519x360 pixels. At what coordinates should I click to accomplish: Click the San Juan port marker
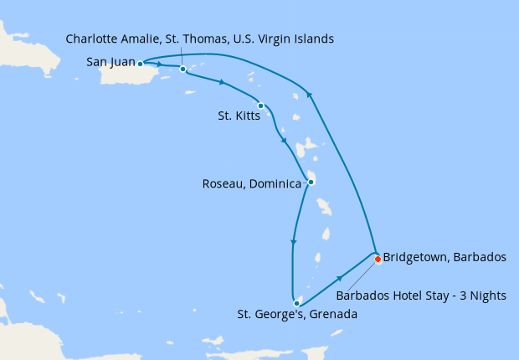click(141, 63)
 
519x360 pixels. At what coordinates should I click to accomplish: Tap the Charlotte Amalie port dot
click(182, 69)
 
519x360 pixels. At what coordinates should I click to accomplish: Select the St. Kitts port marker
click(261, 105)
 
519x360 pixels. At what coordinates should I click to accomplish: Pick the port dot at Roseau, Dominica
click(311, 182)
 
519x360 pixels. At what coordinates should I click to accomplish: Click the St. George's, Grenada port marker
click(296, 303)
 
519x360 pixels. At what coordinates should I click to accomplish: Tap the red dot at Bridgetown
click(378, 259)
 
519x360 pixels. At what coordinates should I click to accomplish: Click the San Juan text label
click(110, 62)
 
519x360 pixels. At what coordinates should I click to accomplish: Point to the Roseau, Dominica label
click(252, 183)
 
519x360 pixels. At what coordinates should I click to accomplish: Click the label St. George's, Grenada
click(297, 316)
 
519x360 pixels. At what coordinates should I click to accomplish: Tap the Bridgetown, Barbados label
click(444, 258)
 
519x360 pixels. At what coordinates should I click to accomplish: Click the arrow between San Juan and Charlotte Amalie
click(159, 64)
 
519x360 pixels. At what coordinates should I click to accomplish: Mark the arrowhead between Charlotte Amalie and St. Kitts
click(222, 82)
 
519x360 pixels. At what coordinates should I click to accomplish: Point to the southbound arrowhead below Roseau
click(292, 243)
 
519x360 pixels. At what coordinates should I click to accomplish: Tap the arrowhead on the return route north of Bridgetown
click(310, 95)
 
